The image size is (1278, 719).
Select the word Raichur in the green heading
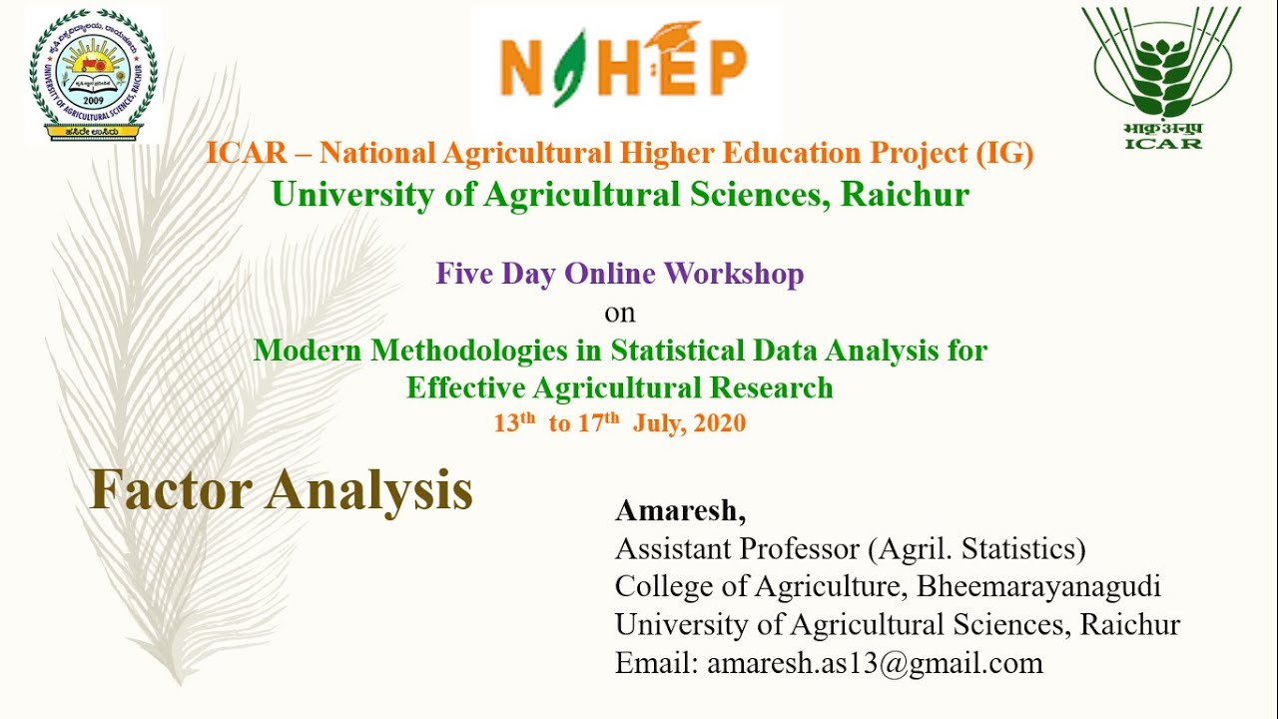[x=905, y=194]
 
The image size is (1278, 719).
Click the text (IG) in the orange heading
[x=1002, y=154]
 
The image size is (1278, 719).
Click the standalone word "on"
[x=619, y=313]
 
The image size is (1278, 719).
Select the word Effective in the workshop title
[x=465, y=387]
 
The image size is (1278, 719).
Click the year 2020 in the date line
[x=719, y=423]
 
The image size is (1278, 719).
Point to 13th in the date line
[x=515, y=422]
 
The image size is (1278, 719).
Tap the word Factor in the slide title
[x=170, y=490]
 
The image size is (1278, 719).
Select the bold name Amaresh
[x=679, y=511]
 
